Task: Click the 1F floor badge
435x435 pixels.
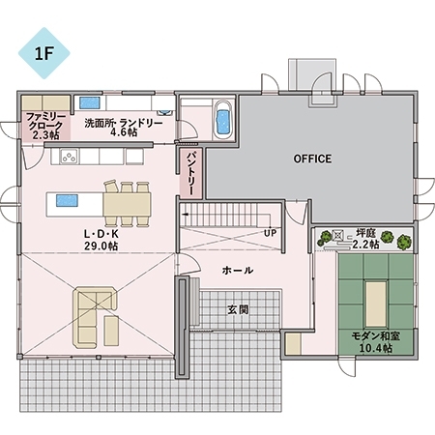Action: pyautogui.click(x=43, y=53)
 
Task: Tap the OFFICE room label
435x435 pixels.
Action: pyautogui.click(x=312, y=159)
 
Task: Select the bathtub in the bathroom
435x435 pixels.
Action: pyautogui.click(x=223, y=120)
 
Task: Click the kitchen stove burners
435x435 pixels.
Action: pyautogui.click(x=69, y=157)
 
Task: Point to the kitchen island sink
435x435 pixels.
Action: pyautogui.click(x=67, y=200)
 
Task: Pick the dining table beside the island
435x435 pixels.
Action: pyautogui.click(x=127, y=204)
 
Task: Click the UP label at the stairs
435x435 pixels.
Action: pyautogui.click(x=270, y=233)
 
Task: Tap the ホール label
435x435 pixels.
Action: pyautogui.click(x=238, y=270)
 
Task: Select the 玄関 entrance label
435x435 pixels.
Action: pyautogui.click(x=238, y=310)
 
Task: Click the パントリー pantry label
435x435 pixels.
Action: pyautogui.click(x=190, y=173)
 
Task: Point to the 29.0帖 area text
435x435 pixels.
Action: pyautogui.click(x=101, y=246)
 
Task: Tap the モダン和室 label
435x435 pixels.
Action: pyautogui.click(x=376, y=336)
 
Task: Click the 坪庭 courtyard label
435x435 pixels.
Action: pyautogui.click(x=365, y=234)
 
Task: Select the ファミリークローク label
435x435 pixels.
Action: pyautogui.click(x=44, y=121)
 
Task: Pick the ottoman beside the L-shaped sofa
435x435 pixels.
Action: pyautogui.click(x=111, y=331)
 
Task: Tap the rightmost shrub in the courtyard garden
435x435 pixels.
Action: pyautogui.click(x=404, y=242)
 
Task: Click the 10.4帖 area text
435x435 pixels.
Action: pyautogui.click(x=376, y=348)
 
